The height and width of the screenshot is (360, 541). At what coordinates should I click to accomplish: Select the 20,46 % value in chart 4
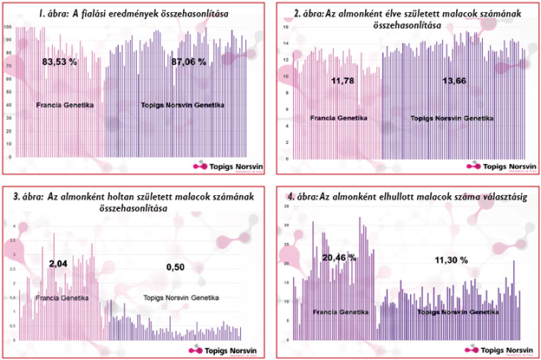[x=339, y=258]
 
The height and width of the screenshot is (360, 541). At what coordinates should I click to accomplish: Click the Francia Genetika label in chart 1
[x=65, y=105]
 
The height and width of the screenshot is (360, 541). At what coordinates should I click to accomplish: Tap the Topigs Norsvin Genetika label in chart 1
[x=182, y=105]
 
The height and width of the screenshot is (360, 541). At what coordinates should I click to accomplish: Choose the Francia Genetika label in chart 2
[x=336, y=116]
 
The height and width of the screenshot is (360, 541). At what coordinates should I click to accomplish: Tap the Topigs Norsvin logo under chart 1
[x=228, y=165]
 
